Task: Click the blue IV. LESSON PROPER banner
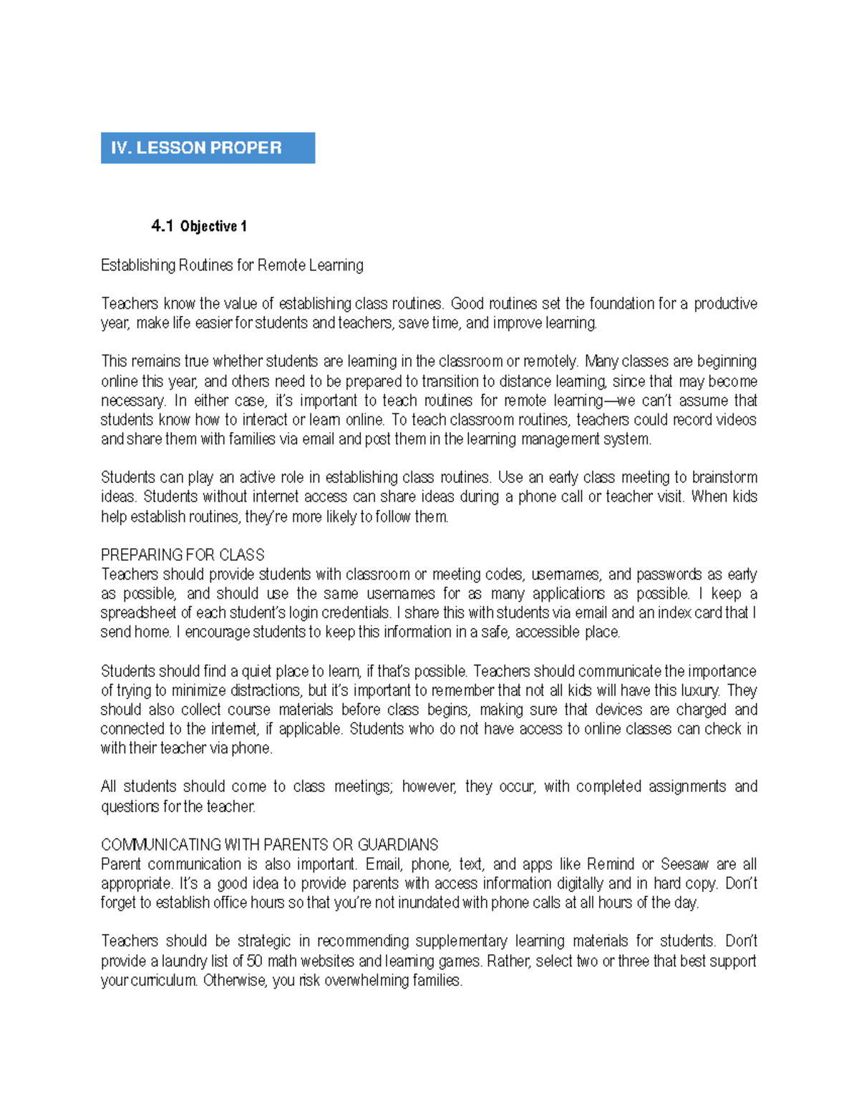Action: (x=208, y=148)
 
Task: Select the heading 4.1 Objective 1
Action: (x=199, y=227)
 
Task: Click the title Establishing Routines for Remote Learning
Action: (x=232, y=265)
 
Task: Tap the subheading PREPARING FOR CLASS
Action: (x=183, y=555)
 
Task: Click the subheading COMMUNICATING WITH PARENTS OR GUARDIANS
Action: (x=269, y=845)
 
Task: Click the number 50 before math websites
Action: (x=254, y=961)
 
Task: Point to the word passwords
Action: (x=669, y=574)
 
